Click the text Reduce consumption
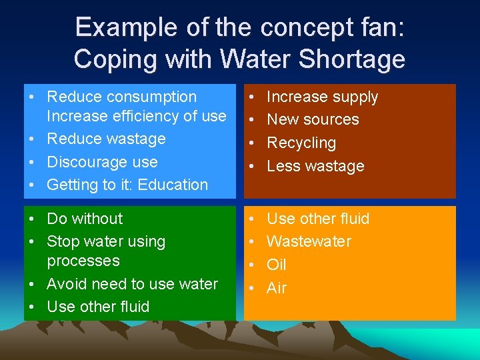[x=122, y=97]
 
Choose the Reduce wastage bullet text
[x=106, y=139]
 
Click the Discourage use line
[x=102, y=162]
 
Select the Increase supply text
[x=322, y=97]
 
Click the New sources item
[x=313, y=120]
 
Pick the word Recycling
[x=301, y=143]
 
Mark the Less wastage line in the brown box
[x=315, y=166]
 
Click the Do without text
[x=85, y=219]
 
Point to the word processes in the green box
[x=83, y=261]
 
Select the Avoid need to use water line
[x=132, y=284]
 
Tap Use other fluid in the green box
[x=98, y=307]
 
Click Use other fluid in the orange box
[x=318, y=219]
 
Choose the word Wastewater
[x=309, y=241]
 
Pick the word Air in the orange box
[x=277, y=288]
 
